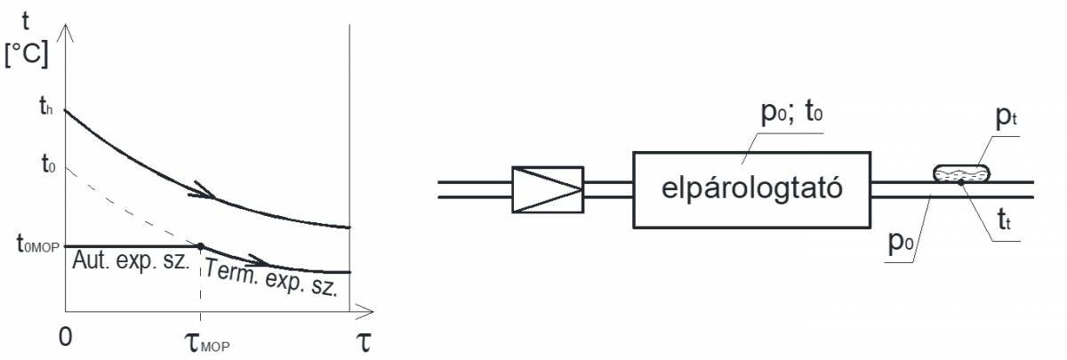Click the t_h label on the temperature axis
(x=45, y=109)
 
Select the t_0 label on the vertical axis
(x=46, y=164)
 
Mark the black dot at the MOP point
(x=200, y=246)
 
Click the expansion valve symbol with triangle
(x=548, y=188)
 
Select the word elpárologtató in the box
(x=751, y=188)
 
